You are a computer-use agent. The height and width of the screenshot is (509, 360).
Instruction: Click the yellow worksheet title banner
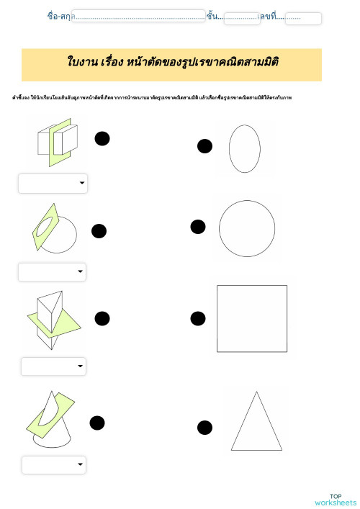coord(171,65)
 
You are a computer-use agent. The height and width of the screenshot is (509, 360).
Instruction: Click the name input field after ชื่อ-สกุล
coord(138,17)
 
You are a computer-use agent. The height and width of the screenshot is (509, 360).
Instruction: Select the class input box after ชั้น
coord(241,18)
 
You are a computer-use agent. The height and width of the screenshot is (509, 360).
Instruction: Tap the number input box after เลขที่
coord(302,18)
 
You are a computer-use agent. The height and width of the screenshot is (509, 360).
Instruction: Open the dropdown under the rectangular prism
coord(53,184)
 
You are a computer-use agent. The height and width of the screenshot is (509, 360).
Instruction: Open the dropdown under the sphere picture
coord(52,272)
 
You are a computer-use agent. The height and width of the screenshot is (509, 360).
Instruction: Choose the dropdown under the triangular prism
coord(53,366)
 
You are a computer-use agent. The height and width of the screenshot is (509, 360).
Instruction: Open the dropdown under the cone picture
coord(54,465)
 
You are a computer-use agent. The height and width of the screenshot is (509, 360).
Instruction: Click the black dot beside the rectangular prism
coord(102,138)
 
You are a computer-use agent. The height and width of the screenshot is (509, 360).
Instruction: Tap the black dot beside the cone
coord(97,423)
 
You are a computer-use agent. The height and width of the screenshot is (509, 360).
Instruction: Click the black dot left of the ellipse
coord(204,147)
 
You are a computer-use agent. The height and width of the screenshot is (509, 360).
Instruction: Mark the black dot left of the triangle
coord(204,428)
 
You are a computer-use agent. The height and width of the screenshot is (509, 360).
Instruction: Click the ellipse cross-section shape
coord(244,149)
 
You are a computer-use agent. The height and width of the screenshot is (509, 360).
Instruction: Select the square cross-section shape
coord(252,318)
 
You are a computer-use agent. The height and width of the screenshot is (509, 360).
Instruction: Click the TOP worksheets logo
coord(335,499)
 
